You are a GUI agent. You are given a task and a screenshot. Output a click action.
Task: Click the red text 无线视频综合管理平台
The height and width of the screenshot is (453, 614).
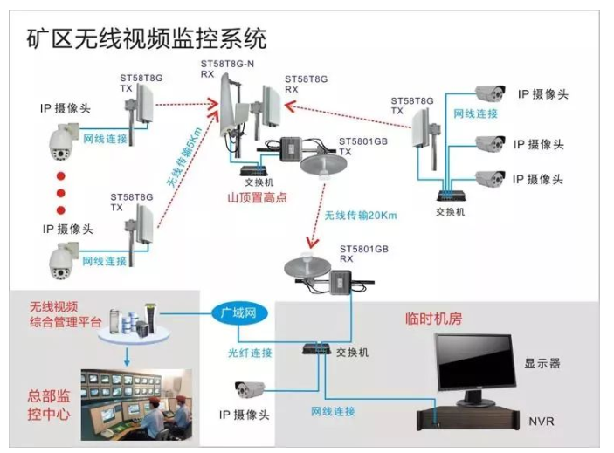[66, 315]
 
